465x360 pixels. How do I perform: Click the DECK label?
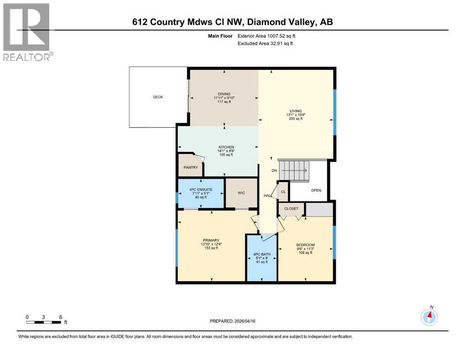[158, 97]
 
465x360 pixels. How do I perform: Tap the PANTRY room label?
[191, 167]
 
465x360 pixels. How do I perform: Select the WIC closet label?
[241, 193]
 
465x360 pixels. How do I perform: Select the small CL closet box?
[283, 192]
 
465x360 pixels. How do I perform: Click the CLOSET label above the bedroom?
[291, 209]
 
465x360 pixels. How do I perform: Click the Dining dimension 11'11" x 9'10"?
[224, 98]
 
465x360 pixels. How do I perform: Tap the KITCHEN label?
[226, 147]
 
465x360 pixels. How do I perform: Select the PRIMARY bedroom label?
[210, 240]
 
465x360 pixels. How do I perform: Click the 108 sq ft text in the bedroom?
[305, 253]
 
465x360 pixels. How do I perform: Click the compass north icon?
[429, 317]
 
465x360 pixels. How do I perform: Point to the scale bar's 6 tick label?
[61, 317]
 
